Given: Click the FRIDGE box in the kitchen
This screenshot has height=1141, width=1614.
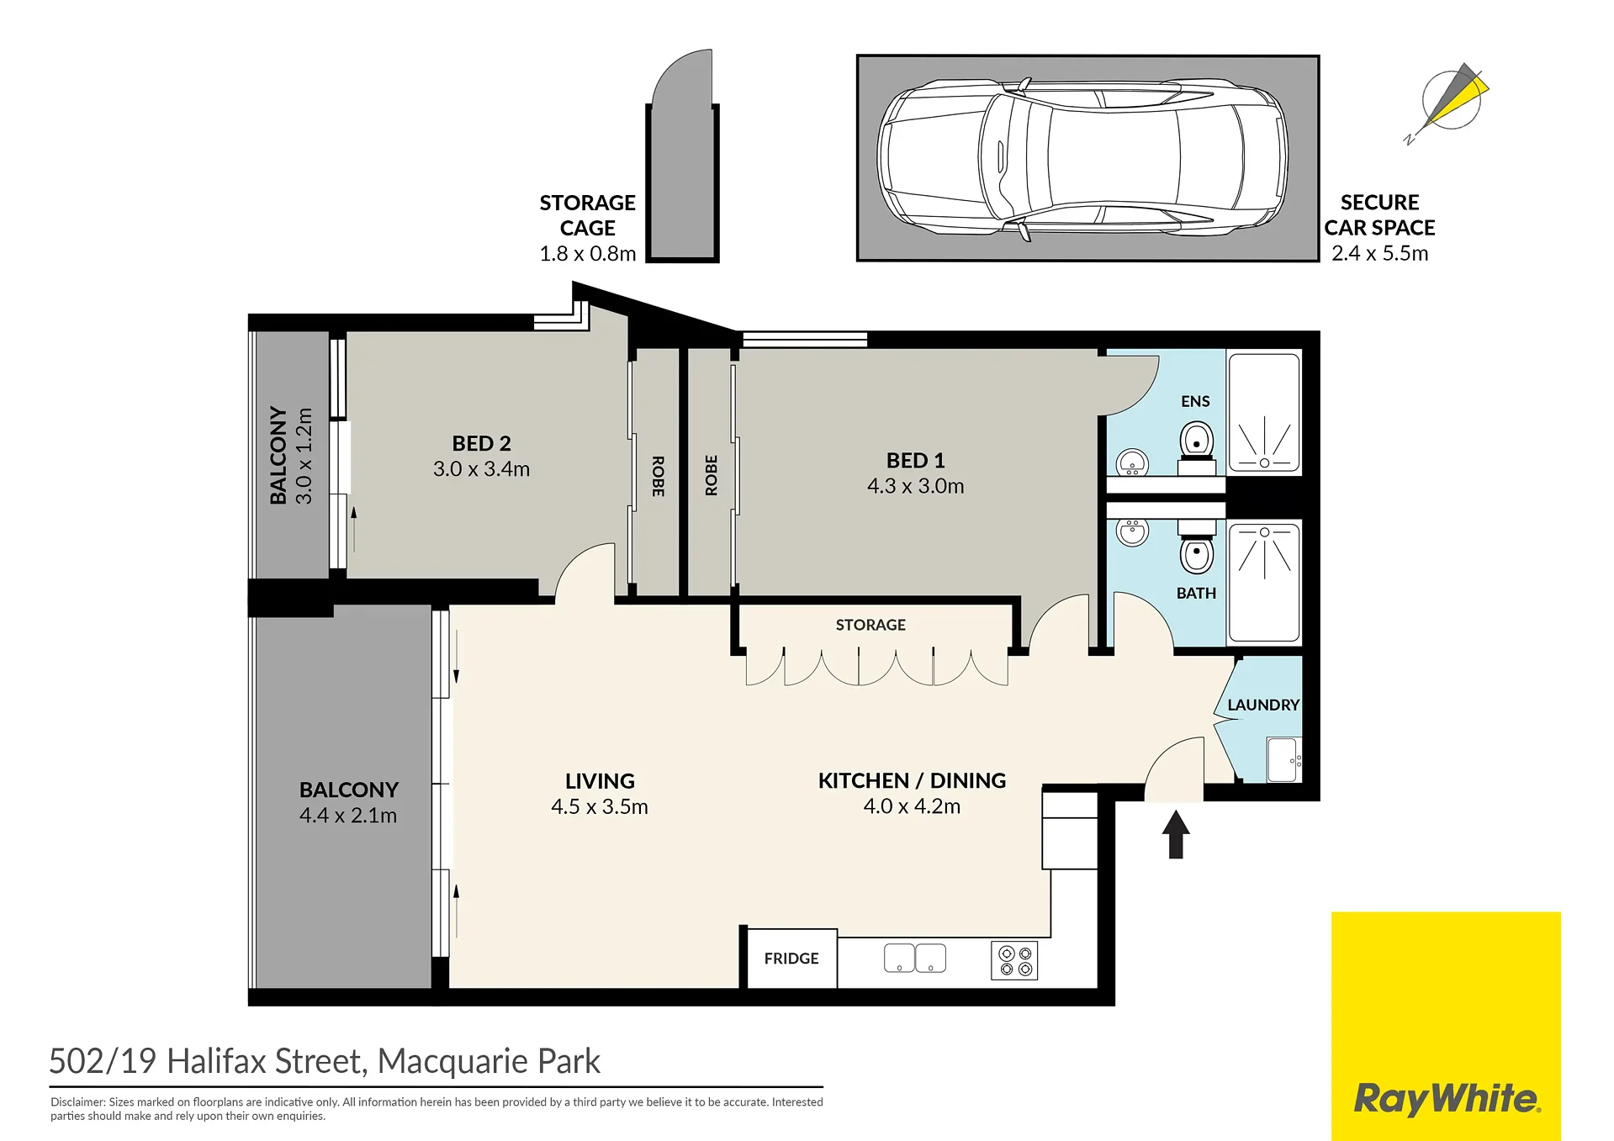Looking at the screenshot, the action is click(791, 958).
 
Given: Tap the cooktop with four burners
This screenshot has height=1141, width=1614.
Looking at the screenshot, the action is click(1014, 961).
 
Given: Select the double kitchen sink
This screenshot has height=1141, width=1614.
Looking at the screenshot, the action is click(915, 958).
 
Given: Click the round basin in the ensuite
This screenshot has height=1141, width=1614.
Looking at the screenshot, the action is click(1132, 462).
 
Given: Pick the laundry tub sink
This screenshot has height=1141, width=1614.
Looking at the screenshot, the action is click(1283, 759).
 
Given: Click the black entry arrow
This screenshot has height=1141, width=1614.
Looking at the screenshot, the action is click(1176, 833).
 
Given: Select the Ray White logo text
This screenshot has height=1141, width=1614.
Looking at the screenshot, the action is click(1447, 1099).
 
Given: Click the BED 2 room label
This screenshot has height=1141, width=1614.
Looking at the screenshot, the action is click(481, 443).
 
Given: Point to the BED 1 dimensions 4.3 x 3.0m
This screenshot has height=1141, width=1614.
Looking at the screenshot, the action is click(915, 486).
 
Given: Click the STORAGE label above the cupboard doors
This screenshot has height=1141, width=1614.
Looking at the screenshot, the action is click(871, 625).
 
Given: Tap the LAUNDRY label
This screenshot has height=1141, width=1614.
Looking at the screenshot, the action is click(1263, 705).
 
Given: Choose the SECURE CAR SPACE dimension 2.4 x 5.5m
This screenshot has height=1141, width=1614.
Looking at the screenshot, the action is click(1379, 253).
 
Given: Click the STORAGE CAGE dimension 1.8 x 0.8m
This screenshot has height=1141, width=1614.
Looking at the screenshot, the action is click(587, 253).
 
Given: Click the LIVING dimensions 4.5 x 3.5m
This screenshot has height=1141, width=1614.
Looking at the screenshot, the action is click(599, 806).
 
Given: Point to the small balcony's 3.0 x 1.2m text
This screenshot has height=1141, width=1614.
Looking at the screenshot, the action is click(304, 456).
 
